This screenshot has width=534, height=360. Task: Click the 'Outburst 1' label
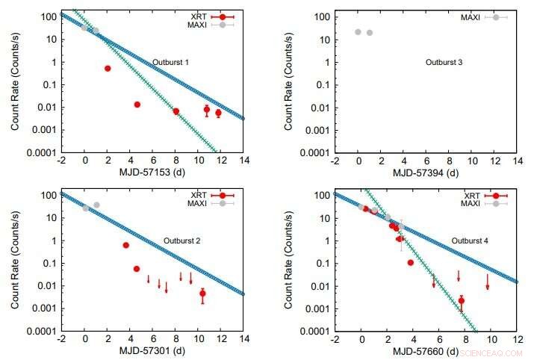170,62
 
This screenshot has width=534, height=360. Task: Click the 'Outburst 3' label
444,62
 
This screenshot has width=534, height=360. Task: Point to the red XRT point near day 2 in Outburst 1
108,68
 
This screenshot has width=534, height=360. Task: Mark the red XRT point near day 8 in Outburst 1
176,111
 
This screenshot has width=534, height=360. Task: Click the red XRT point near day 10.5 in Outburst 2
202,294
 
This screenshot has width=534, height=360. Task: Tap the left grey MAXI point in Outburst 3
358,32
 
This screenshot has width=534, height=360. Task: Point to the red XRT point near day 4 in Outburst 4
411,263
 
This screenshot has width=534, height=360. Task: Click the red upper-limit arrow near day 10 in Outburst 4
488,282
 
